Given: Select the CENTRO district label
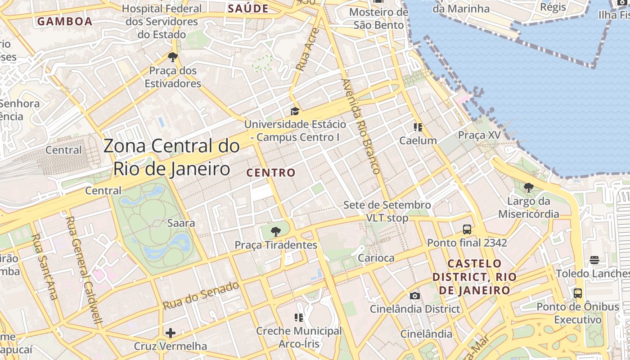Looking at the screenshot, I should [271, 173].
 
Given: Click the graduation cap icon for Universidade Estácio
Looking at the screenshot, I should [295, 111].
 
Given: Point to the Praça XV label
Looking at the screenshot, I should [479, 135].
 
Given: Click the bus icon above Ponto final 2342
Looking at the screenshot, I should [467, 229].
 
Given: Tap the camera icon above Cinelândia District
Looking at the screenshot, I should [415, 296].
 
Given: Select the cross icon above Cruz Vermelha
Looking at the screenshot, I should [171, 333].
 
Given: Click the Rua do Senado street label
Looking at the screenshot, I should [201, 296].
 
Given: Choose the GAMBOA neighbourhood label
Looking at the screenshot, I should [65, 21].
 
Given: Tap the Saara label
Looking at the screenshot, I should [181, 223].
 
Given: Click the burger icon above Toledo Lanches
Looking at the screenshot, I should [594, 260].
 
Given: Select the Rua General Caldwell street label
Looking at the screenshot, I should [85, 270].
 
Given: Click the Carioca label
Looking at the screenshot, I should [376, 258].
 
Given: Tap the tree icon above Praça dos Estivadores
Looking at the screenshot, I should [172, 57].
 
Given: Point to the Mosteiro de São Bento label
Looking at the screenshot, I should [378, 18].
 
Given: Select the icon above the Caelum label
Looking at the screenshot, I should [418, 127].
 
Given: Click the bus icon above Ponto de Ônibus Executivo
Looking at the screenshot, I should [578, 293].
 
